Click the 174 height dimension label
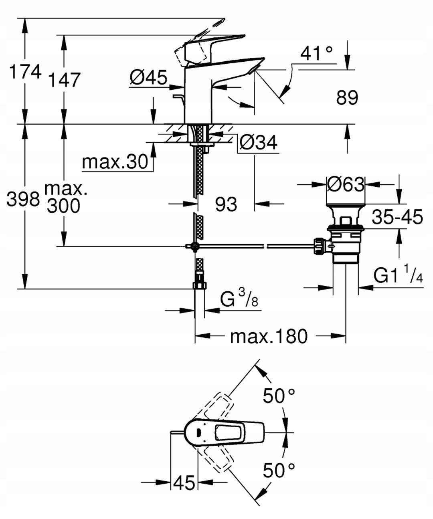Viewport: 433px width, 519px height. [x=25, y=72]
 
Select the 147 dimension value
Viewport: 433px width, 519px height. [x=64, y=80]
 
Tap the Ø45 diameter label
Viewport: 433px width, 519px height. [x=148, y=77]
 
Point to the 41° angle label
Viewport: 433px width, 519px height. [x=317, y=53]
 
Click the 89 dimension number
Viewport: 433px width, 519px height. [x=347, y=97]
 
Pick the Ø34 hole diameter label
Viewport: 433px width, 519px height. [x=258, y=142]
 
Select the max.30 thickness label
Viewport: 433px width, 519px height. [x=115, y=162]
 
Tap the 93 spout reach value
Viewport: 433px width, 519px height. [x=226, y=204]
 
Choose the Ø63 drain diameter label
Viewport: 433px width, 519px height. [x=346, y=184]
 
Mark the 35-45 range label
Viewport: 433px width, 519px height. [x=397, y=217]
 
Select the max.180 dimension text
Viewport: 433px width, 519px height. [x=269, y=336]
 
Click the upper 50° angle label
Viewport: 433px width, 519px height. [x=279, y=396]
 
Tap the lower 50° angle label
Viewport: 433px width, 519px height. [x=279, y=470]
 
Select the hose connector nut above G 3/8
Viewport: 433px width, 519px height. [x=199, y=285]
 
